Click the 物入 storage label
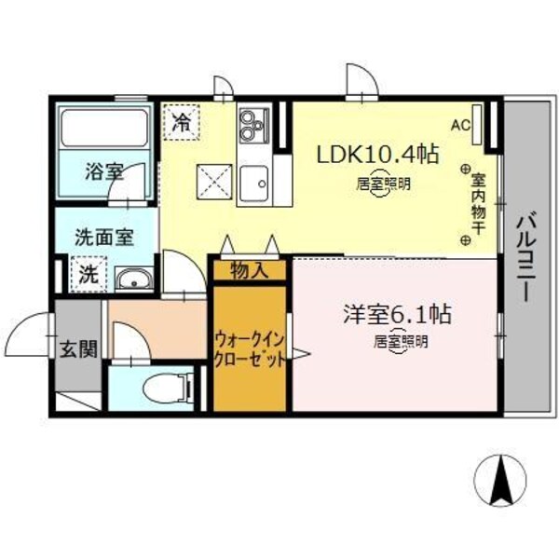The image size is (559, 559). [250, 271]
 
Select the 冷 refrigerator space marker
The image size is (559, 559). [182, 122]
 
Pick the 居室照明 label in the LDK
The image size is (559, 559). [384, 184]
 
